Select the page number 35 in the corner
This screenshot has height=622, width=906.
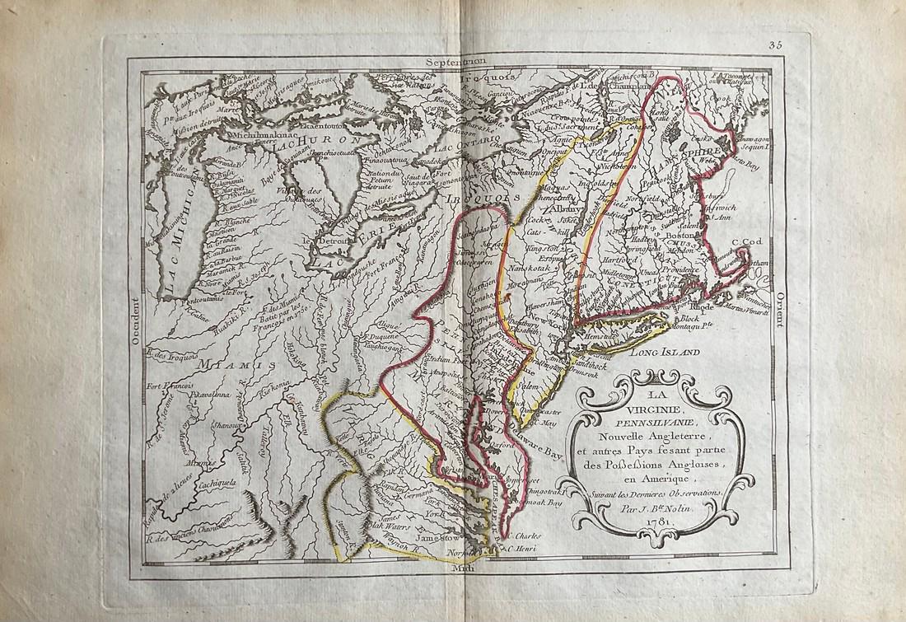[x=777, y=46]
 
